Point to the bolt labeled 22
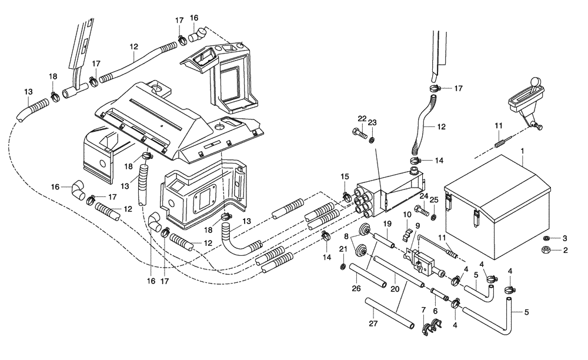[358, 133]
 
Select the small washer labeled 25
[433, 217]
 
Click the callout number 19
[387, 224]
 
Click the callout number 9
[417, 225]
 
